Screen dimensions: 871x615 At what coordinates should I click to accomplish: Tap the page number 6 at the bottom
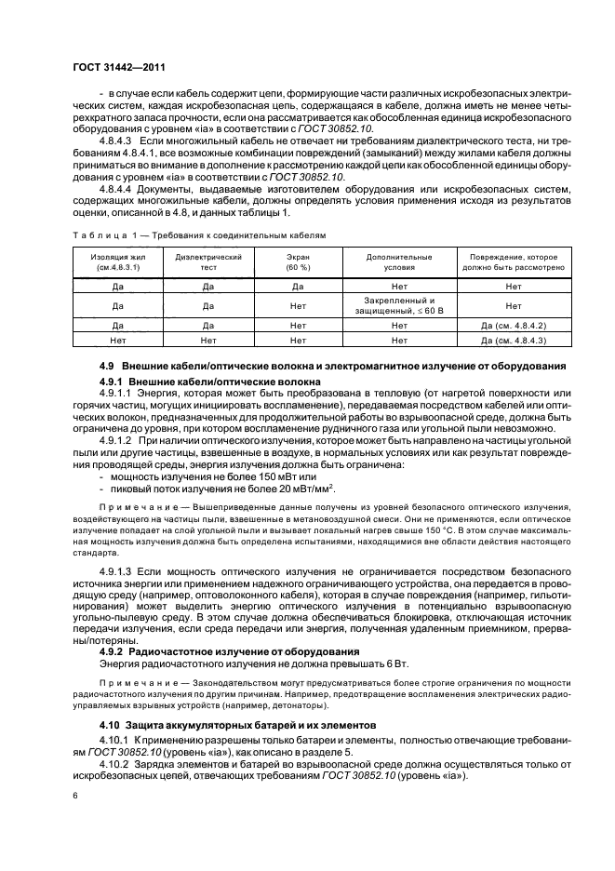pyautogui.click(x=74, y=796)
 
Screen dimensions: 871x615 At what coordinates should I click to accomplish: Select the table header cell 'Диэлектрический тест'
pyautogui.click(x=208, y=261)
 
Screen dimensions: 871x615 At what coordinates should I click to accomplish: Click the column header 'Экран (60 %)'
pyautogui.click(x=298, y=261)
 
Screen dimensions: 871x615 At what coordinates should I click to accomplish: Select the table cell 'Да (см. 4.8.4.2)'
pyautogui.click(x=513, y=326)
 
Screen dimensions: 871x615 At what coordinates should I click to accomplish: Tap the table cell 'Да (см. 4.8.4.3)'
pyautogui.click(x=513, y=341)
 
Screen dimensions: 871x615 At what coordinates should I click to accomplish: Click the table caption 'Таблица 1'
pyautogui.click(x=101, y=235)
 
